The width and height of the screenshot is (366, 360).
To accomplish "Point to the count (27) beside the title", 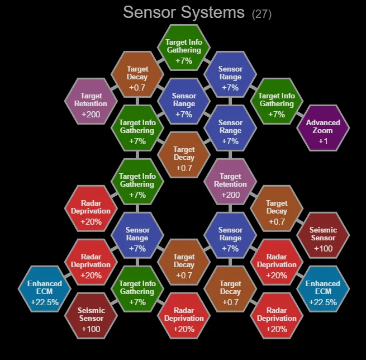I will (x=262, y=13).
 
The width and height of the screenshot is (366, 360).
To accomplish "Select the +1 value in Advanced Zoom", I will (x=323, y=141).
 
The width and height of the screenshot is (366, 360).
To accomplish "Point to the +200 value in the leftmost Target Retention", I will (x=91, y=113).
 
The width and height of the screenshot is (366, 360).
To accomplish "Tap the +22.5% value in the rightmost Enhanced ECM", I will (x=323, y=302).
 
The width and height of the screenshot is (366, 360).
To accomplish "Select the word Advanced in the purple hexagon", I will (x=323, y=122).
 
